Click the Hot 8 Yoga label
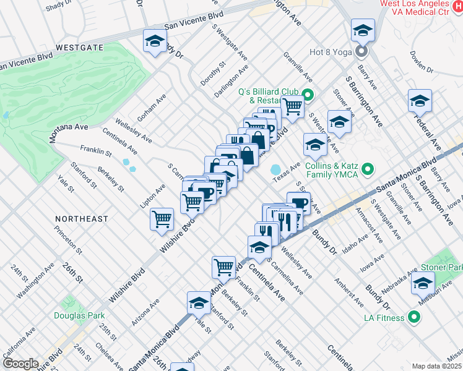[332, 51]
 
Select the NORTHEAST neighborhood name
[81, 219]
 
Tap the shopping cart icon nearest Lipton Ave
[162, 218]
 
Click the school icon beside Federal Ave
[420, 100]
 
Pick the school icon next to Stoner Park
[423, 283]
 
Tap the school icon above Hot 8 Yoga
[363, 30]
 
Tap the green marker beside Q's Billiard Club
[307, 95]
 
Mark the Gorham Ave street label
[152, 107]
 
